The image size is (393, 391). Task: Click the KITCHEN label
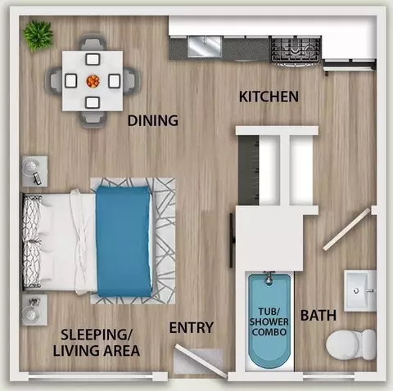pyautogui.click(x=269, y=97)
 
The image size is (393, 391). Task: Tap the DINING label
pyautogui.click(x=153, y=120)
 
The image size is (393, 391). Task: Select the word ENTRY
pyautogui.click(x=192, y=327)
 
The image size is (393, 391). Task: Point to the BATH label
pyautogui.click(x=318, y=316)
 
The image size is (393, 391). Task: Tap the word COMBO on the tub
pyautogui.click(x=269, y=332)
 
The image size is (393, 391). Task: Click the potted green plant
pyautogui.click(x=38, y=35)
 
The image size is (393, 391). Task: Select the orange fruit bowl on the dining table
pyautogui.click(x=93, y=81)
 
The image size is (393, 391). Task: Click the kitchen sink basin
pyautogui.click(x=204, y=47)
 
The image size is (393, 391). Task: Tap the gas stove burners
pyautogui.click(x=295, y=50)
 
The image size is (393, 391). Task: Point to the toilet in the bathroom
pyautogui.click(x=351, y=344)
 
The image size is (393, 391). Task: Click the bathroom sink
pyautogui.click(x=360, y=290)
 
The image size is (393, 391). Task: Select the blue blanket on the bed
pyautogui.click(x=124, y=241)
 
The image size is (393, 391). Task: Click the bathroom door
pyautogui.click(x=346, y=229)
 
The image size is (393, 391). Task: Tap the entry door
pyautogui.click(x=201, y=361)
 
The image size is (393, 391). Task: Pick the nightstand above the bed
pyautogui.click(x=34, y=171)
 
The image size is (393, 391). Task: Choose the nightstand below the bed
pyautogui.click(x=34, y=310)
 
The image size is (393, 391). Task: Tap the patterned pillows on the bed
pyautogui.click(x=32, y=241)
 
